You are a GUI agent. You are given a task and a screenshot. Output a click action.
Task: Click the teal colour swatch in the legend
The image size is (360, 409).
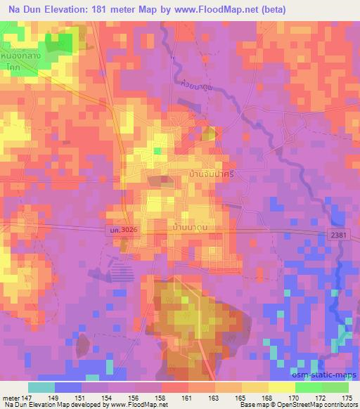tap(41, 387)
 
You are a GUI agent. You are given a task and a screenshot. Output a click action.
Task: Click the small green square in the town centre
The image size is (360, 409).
tap(158, 150)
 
